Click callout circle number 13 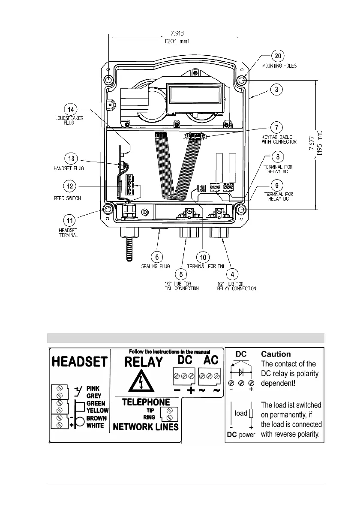(x=71, y=159)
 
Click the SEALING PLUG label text (x=156, y=266)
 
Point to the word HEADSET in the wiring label (x=80, y=362)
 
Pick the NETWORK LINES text (x=146, y=427)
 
